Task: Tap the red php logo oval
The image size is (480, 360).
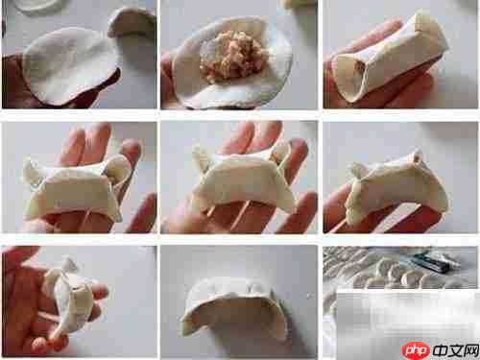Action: click(x=416, y=350)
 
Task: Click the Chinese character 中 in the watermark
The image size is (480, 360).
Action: click(x=441, y=350)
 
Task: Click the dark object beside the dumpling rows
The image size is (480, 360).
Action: click(x=435, y=262)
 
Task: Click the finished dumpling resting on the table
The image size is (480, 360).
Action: click(x=233, y=307)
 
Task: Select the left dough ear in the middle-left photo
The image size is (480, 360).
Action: click(x=32, y=171)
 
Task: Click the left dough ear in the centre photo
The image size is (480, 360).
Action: click(x=200, y=158)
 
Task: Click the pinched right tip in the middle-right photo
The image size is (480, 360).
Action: click(x=416, y=157)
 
